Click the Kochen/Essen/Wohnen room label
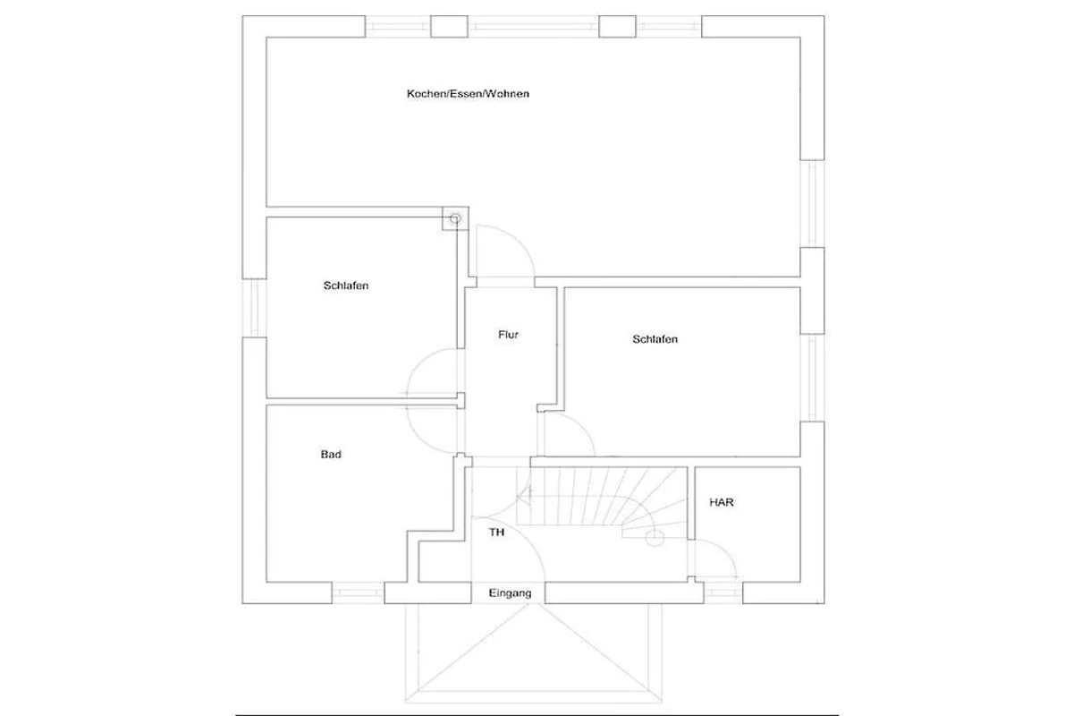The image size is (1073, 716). [468, 93]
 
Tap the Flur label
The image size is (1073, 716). [508, 334]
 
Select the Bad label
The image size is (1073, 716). [331, 454]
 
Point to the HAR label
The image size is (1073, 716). [722, 502]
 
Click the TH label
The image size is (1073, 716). [497, 532]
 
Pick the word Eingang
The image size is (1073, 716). [511, 593]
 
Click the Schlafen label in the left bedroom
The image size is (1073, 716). [346, 286]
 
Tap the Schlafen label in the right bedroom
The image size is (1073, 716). [655, 339]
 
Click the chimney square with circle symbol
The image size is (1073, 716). [455, 218]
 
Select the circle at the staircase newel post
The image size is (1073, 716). [655, 538]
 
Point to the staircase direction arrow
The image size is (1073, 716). [527, 496]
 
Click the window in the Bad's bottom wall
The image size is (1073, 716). [358, 592]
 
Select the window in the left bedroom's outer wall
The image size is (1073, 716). [254, 307]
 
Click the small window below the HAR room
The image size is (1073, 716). [723, 593]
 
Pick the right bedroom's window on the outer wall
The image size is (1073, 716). [813, 378]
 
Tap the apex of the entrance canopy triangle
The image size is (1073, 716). [531, 604]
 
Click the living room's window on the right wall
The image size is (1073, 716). [813, 203]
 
